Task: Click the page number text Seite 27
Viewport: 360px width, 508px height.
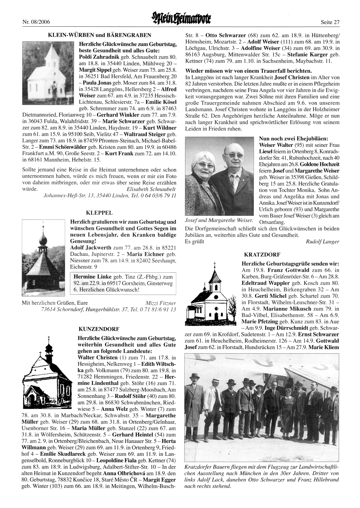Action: [330, 22]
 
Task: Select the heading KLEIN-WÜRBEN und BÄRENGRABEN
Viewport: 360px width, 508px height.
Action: [99, 35]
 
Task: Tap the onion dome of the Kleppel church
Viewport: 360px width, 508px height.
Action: [43, 240]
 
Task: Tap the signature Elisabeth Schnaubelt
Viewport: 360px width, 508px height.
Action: [152, 189]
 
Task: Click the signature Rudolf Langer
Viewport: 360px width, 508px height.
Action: [322, 242]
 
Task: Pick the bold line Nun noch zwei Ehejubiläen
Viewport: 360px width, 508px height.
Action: [293, 138]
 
